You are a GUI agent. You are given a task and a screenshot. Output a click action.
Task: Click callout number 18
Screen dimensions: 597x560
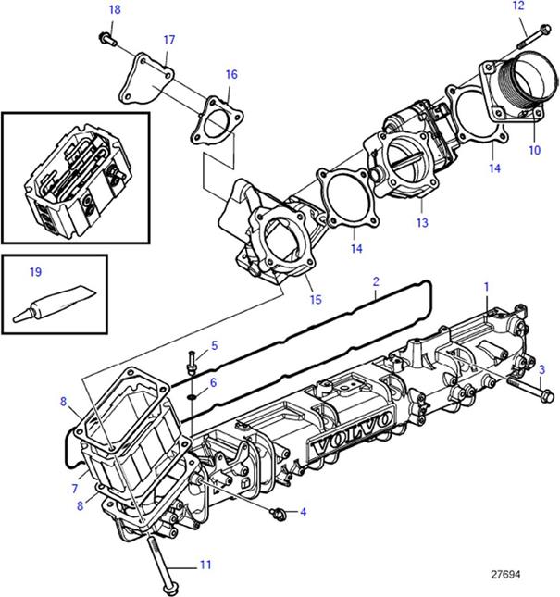point(115,9)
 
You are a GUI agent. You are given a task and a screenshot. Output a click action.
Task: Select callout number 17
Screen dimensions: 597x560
point(168,40)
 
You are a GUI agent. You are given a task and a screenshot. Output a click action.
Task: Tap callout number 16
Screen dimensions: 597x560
point(230,74)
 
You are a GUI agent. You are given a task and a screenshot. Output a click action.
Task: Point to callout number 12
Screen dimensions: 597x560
point(517,6)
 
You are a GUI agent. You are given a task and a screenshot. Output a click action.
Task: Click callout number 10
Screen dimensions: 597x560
point(534,149)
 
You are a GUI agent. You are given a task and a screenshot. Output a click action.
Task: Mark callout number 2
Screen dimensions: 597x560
point(377,280)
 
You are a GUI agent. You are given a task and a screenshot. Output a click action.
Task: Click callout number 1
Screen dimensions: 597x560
point(486,288)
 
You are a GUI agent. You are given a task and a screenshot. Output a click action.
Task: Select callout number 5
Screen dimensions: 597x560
point(214,345)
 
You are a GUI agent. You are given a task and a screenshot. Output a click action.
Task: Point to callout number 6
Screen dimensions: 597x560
point(214,382)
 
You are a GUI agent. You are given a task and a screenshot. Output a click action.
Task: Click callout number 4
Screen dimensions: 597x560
point(302,510)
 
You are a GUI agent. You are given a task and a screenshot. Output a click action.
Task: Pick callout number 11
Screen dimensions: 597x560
point(205,563)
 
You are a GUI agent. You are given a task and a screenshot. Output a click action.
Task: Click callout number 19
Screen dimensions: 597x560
point(35,272)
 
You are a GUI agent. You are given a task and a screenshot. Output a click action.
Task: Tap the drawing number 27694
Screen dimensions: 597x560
point(506,575)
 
